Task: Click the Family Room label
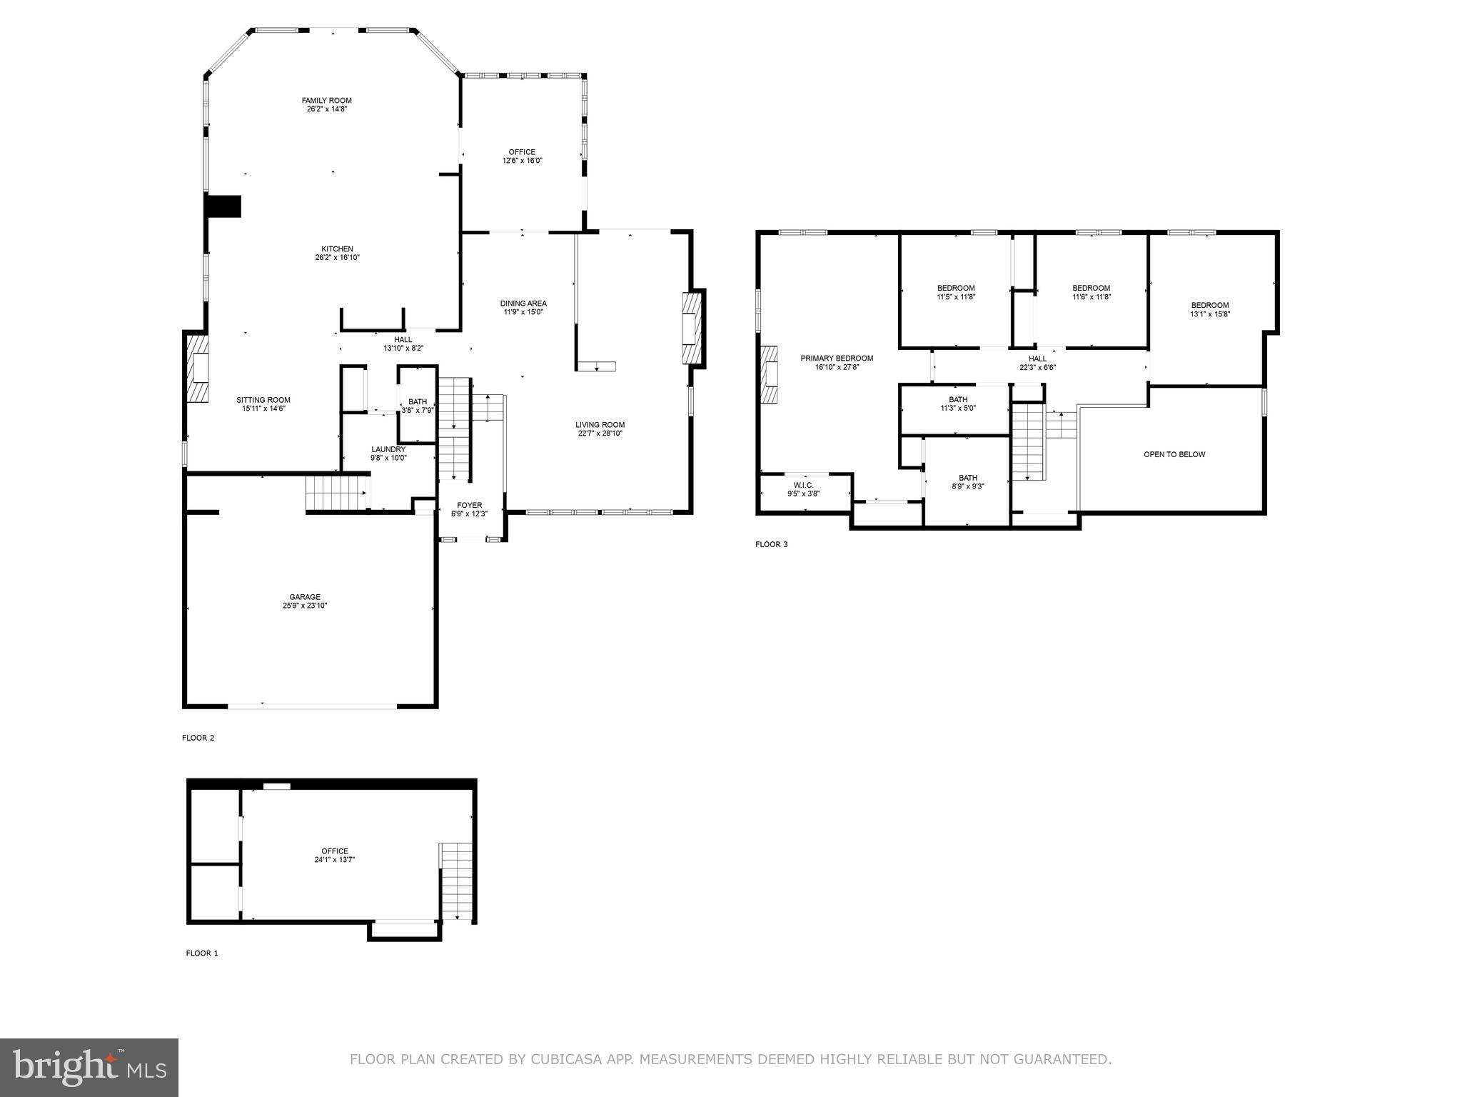click(x=326, y=101)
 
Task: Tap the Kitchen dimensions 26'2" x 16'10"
click(x=337, y=258)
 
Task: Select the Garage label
click(x=305, y=597)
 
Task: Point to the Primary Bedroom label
click(x=837, y=359)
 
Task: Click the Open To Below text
click(x=1174, y=454)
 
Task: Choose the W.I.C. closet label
click(x=803, y=485)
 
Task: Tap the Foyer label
click(x=470, y=505)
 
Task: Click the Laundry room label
click(x=388, y=449)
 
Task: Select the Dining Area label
click(x=523, y=304)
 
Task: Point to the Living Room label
click(x=600, y=425)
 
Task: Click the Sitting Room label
click(x=263, y=400)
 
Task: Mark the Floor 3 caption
click(x=772, y=544)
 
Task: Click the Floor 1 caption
click(x=202, y=953)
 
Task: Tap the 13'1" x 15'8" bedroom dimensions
click(x=1210, y=314)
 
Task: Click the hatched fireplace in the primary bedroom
click(x=769, y=375)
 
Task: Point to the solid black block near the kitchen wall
click(x=223, y=206)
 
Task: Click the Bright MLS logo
click(x=89, y=1067)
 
